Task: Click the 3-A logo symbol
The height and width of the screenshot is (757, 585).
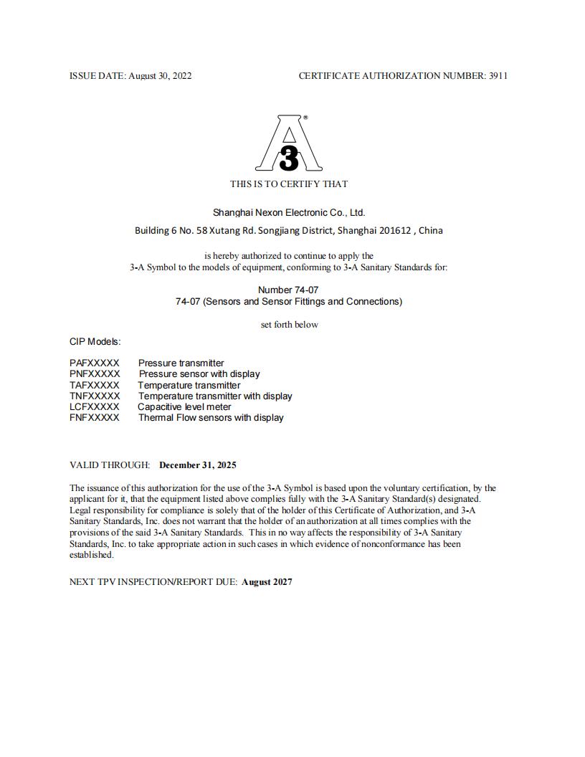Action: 288,145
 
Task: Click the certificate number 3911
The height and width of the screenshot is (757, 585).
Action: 498,75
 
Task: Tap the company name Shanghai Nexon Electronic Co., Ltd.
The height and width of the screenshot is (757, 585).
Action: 289,212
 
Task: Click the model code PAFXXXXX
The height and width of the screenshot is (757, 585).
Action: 95,363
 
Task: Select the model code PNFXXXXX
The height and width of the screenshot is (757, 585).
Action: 95,373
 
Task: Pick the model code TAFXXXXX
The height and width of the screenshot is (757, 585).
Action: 95,385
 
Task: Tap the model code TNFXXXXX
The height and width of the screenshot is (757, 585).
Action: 95,396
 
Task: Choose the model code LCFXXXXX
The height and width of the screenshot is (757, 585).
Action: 95,406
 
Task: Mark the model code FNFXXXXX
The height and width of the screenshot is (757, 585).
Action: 95,417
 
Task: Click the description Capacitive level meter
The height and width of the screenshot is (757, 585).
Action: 184,406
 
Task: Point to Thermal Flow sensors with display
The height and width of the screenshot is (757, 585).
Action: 211,417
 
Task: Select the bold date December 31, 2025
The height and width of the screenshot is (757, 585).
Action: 198,465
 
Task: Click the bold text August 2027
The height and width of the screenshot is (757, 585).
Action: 267,581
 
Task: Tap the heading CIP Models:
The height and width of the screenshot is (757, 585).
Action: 95,341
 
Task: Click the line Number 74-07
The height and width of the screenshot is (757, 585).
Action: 288,290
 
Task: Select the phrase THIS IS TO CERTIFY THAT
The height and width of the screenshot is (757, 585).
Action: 289,184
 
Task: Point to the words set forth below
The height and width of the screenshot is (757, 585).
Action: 289,324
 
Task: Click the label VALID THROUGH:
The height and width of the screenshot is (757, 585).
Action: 110,465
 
